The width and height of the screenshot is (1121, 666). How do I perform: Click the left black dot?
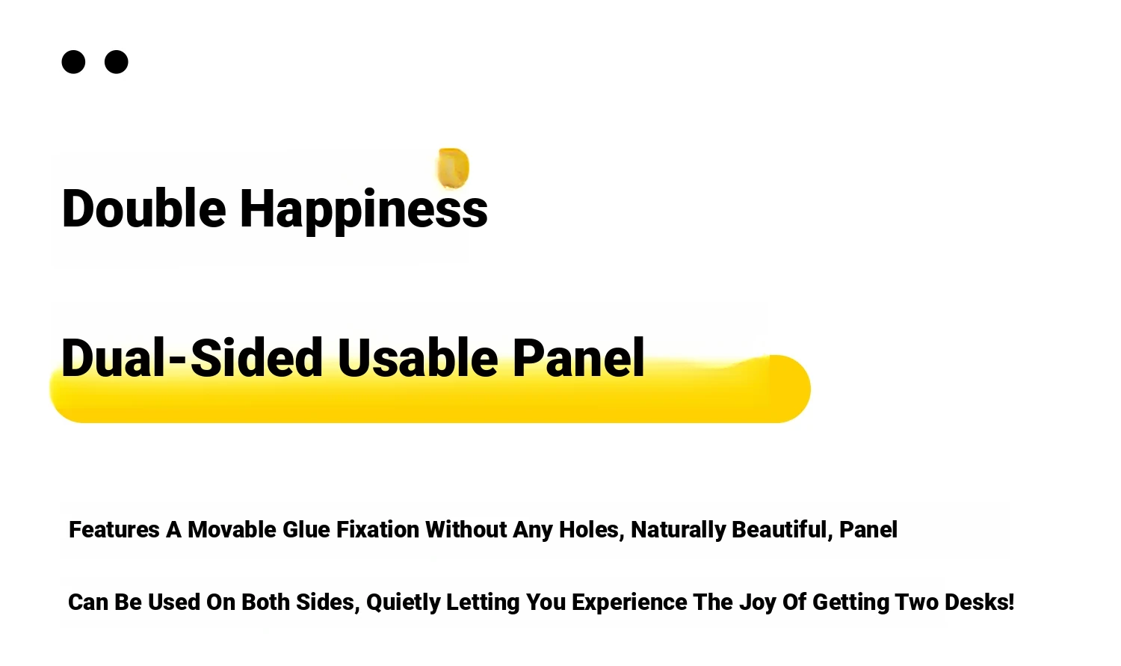click(73, 62)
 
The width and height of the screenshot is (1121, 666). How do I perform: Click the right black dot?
click(116, 62)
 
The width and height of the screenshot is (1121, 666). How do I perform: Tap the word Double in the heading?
click(143, 209)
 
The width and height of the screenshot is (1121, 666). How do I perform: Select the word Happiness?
click(364, 211)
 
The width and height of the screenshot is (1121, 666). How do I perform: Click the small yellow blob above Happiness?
click(454, 168)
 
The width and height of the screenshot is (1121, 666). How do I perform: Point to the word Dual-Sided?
click(191, 357)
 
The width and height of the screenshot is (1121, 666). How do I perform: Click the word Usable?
click(418, 357)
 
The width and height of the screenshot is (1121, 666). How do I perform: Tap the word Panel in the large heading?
click(578, 357)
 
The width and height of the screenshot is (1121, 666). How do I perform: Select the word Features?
click(114, 529)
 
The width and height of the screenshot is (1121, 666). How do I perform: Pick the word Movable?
click(232, 529)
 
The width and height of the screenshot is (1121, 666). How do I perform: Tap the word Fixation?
click(378, 529)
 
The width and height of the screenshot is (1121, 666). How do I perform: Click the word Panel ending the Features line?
click(868, 529)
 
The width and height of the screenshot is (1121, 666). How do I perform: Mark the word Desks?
click(979, 602)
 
